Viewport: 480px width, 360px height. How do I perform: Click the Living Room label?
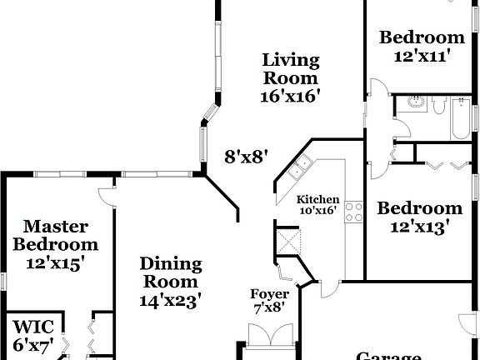[291, 68]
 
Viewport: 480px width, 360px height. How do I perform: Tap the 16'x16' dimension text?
[291, 95]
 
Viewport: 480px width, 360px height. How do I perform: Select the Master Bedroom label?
[60, 235]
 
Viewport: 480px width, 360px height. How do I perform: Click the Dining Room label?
[170, 273]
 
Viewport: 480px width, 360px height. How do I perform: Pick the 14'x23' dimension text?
[170, 301]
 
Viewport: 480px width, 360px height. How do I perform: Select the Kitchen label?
[318, 200]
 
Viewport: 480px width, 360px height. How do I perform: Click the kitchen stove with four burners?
[353, 212]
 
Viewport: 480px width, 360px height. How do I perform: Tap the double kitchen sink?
[297, 168]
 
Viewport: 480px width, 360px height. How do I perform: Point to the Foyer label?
[270, 294]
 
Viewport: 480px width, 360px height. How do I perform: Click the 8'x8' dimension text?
[246, 155]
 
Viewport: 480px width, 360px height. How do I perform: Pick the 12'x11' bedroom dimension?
[422, 56]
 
